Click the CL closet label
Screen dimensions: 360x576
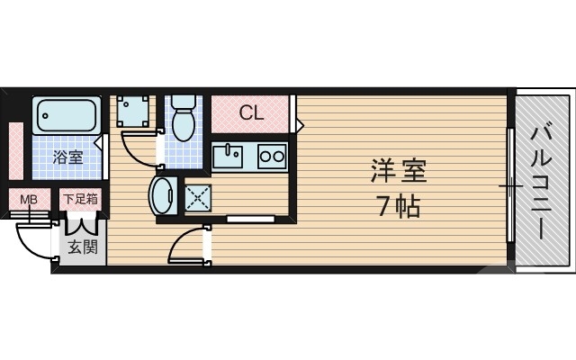(x=251, y=113)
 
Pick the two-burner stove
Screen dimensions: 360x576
(x=271, y=156)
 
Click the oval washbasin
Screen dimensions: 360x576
(x=165, y=193)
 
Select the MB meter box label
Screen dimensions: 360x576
(x=29, y=198)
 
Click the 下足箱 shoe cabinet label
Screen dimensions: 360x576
(x=79, y=198)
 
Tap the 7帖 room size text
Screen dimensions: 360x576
(x=396, y=208)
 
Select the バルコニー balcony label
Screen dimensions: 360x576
(x=542, y=180)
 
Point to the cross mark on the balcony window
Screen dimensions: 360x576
(x=510, y=186)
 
